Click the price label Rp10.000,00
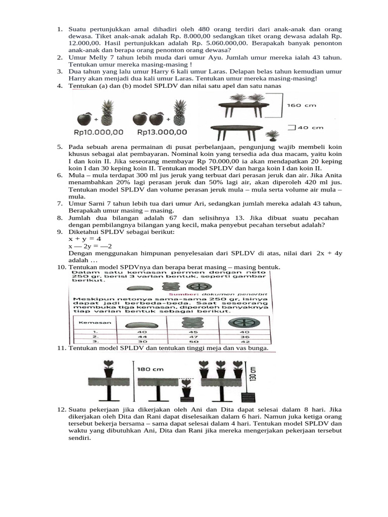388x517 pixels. [99, 132]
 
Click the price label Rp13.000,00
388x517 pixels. [162, 132]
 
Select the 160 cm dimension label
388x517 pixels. [302, 106]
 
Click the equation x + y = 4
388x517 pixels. [85, 238]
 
